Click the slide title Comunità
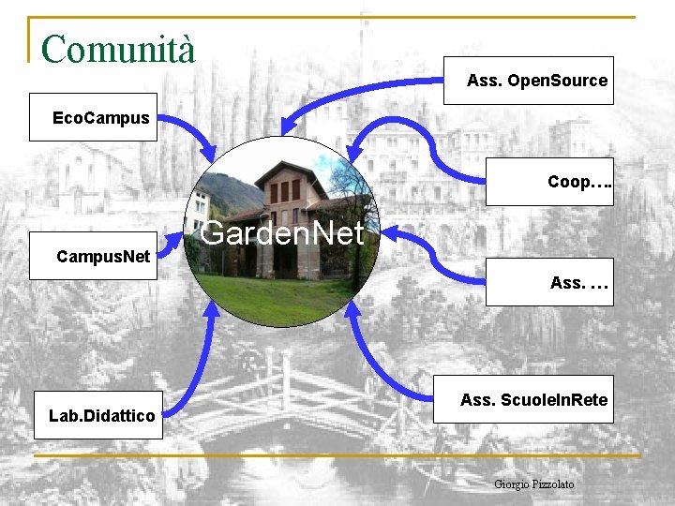coord(118,49)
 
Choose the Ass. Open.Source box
coord(537,81)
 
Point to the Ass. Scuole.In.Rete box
coord(533,400)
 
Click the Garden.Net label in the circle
coord(281,233)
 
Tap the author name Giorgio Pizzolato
coord(533,484)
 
